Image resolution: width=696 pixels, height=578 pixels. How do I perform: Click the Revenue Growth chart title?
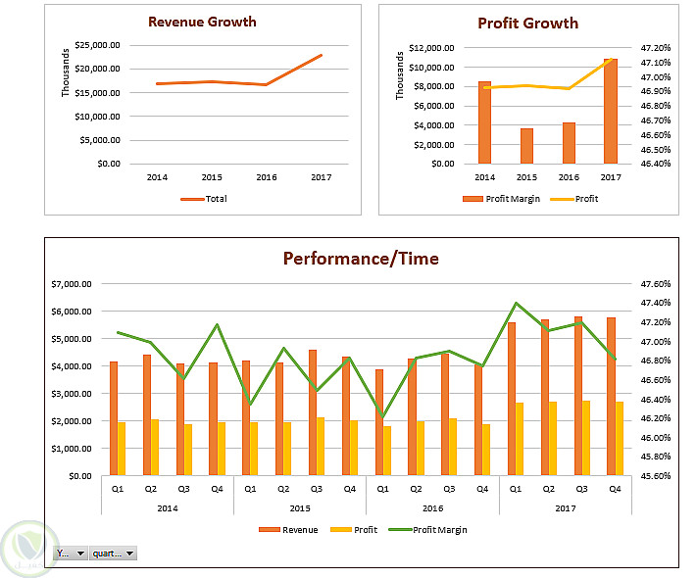click(202, 22)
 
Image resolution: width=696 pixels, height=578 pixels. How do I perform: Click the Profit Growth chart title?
click(527, 24)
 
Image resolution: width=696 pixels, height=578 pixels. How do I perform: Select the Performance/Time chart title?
click(361, 259)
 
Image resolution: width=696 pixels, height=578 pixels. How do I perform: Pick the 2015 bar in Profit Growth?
click(526, 146)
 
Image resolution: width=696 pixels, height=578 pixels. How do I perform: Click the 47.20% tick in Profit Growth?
click(654, 47)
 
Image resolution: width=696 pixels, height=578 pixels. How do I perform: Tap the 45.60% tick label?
click(654, 476)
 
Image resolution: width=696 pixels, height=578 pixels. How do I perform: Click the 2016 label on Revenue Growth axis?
click(266, 177)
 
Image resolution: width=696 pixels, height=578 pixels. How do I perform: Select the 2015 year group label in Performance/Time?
click(299, 508)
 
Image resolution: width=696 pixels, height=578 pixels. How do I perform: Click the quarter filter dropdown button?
click(113, 554)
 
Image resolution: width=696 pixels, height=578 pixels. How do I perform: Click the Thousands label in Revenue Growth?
click(67, 73)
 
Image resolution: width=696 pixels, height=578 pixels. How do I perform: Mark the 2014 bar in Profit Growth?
click(484, 122)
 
